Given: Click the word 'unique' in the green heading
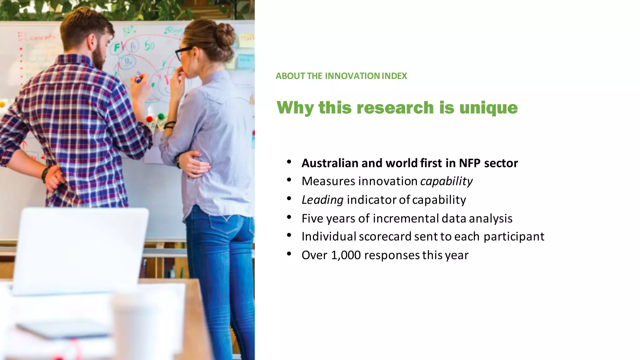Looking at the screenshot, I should (x=488, y=108).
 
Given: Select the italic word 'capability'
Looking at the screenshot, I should (x=446, y=182).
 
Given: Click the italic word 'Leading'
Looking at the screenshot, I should (x=322, y=200).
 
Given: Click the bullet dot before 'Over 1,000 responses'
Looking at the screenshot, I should (x=289, y=254).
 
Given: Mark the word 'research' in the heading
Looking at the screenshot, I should (x=395, y=108).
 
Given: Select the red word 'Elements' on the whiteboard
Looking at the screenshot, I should (x=36, y=37).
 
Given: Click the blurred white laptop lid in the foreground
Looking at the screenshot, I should (x=81, y=250).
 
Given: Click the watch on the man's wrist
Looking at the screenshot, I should (x=46, y=174).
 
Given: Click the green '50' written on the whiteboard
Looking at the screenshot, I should (x=150, y=46).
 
